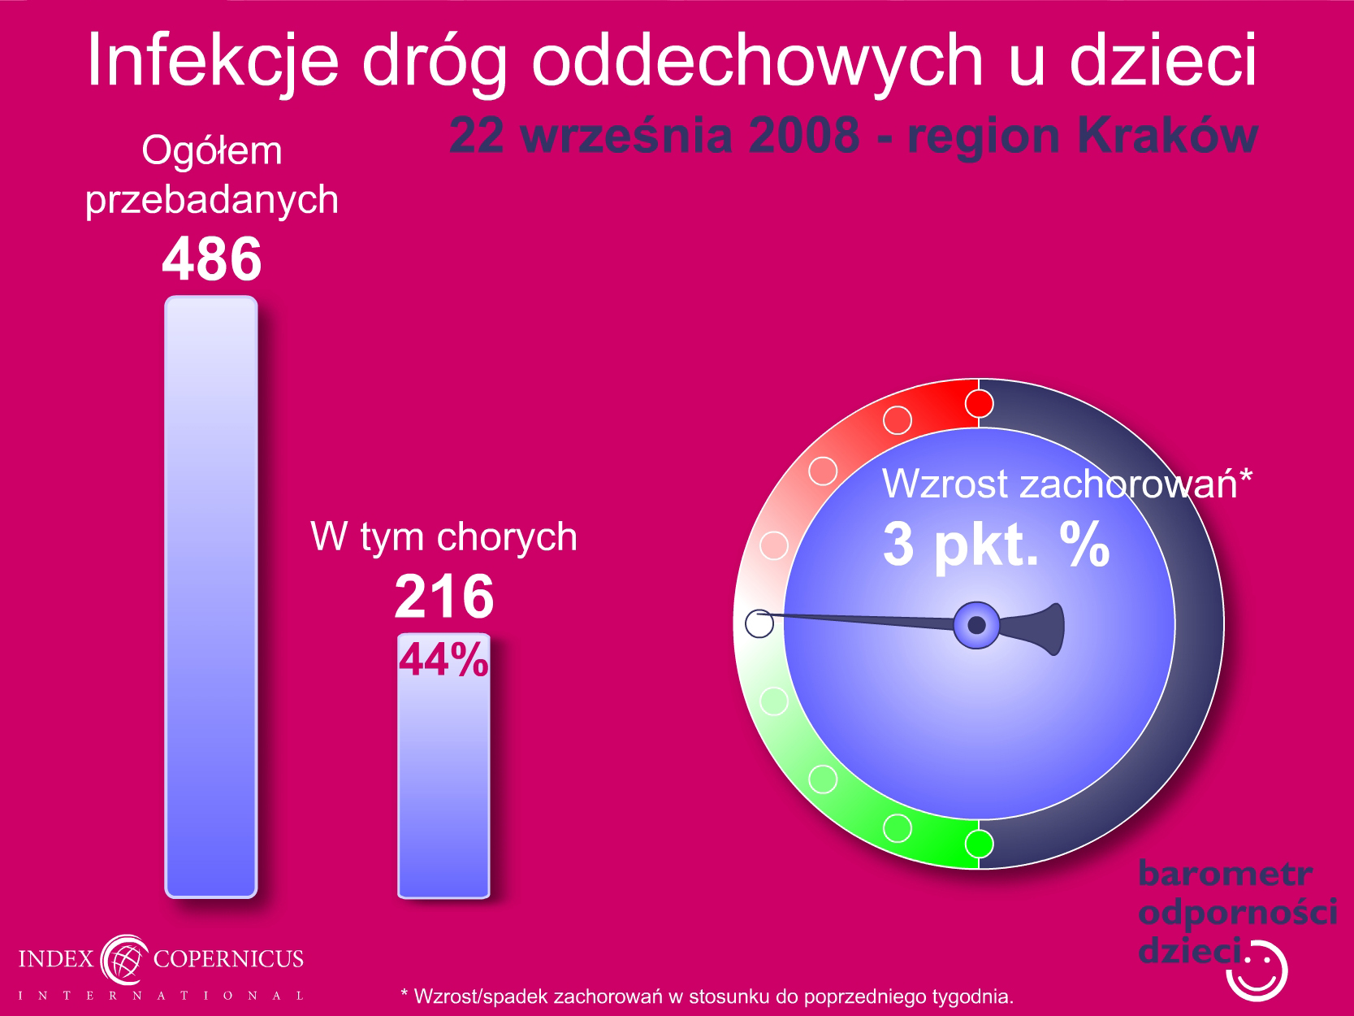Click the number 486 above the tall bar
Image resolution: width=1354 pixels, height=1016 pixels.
click(x=211, y=258)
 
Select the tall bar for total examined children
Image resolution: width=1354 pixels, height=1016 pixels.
click(x=211, y=597)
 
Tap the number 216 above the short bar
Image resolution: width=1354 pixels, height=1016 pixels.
click(x=444, y=597)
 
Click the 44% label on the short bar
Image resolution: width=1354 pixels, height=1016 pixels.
click(x=443, y=659)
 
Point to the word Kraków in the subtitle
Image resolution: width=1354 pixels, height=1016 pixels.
click(x=1167, y=135)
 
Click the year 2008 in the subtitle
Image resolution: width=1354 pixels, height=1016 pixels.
click(x=804, y=135)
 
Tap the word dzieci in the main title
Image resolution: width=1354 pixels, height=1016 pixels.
click(x=1163, y=59)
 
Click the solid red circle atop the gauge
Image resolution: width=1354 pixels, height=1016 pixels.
click(x=979, y=404)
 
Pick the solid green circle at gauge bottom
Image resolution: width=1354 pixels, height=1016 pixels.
click(x=979, y=844)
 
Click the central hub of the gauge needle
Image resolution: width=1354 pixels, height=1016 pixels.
click(x=976, y=625)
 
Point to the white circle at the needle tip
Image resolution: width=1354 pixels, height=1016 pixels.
click(x=759, y=623)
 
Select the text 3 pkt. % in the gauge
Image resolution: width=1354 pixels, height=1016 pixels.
click(x=997, y=543)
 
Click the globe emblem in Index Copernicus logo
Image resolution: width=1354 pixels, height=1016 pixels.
click(x=124, y=959)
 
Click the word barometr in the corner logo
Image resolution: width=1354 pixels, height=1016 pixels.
click(x=1225, y=874)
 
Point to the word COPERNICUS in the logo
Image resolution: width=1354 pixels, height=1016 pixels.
click(x=228, y=959)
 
